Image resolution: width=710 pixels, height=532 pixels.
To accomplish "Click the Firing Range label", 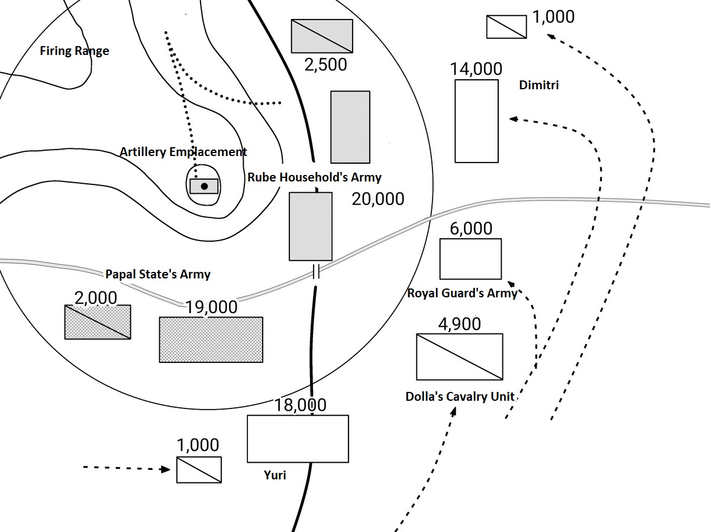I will [x=75, y=51].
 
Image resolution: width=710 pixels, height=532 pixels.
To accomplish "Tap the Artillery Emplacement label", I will [x=183, y=152].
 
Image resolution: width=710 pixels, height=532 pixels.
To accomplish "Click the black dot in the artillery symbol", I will [x=204, y=186].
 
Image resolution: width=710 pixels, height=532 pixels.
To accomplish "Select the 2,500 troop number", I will [x=325, y=64].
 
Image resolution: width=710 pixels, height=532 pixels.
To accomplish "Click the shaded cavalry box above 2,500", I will [x=322, y=36].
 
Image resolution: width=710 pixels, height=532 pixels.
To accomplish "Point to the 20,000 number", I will [x=378, y=199].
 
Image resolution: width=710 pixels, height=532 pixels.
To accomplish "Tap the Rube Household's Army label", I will [x=314, y=177].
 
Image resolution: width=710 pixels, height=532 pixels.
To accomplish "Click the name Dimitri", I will [x=538, y=85].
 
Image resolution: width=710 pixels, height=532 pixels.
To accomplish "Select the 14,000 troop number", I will [x=476, y=69].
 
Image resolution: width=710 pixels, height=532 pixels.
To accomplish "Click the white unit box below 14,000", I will [x=476, y=121].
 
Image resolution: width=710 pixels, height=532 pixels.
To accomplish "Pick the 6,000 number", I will [x=471, y=228].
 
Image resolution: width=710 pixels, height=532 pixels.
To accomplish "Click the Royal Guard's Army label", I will [x=462, y=293].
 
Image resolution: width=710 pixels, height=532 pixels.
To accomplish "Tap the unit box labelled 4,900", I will [x=460, y=356].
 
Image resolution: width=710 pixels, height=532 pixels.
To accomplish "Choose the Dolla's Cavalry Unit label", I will [x=460, y=397].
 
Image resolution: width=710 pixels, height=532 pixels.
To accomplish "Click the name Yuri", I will [x=275, y=475].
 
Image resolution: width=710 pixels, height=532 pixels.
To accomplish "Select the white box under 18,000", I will [x=298, y=439].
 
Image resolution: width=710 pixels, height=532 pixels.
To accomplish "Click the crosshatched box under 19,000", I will [x=211, y=339].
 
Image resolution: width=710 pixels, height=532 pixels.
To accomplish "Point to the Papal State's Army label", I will [x=157, y=274].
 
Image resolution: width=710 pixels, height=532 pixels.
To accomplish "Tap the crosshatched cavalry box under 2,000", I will [x=98, y=322].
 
